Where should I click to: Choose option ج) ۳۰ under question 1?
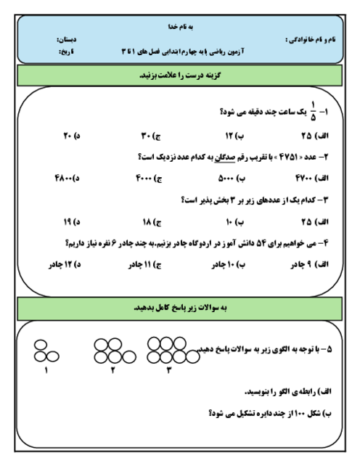pos(150,135)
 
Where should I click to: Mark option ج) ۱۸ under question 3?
pos(150,221)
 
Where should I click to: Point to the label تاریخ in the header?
pos(65,52)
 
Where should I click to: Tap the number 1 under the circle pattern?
pos(46,372)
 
